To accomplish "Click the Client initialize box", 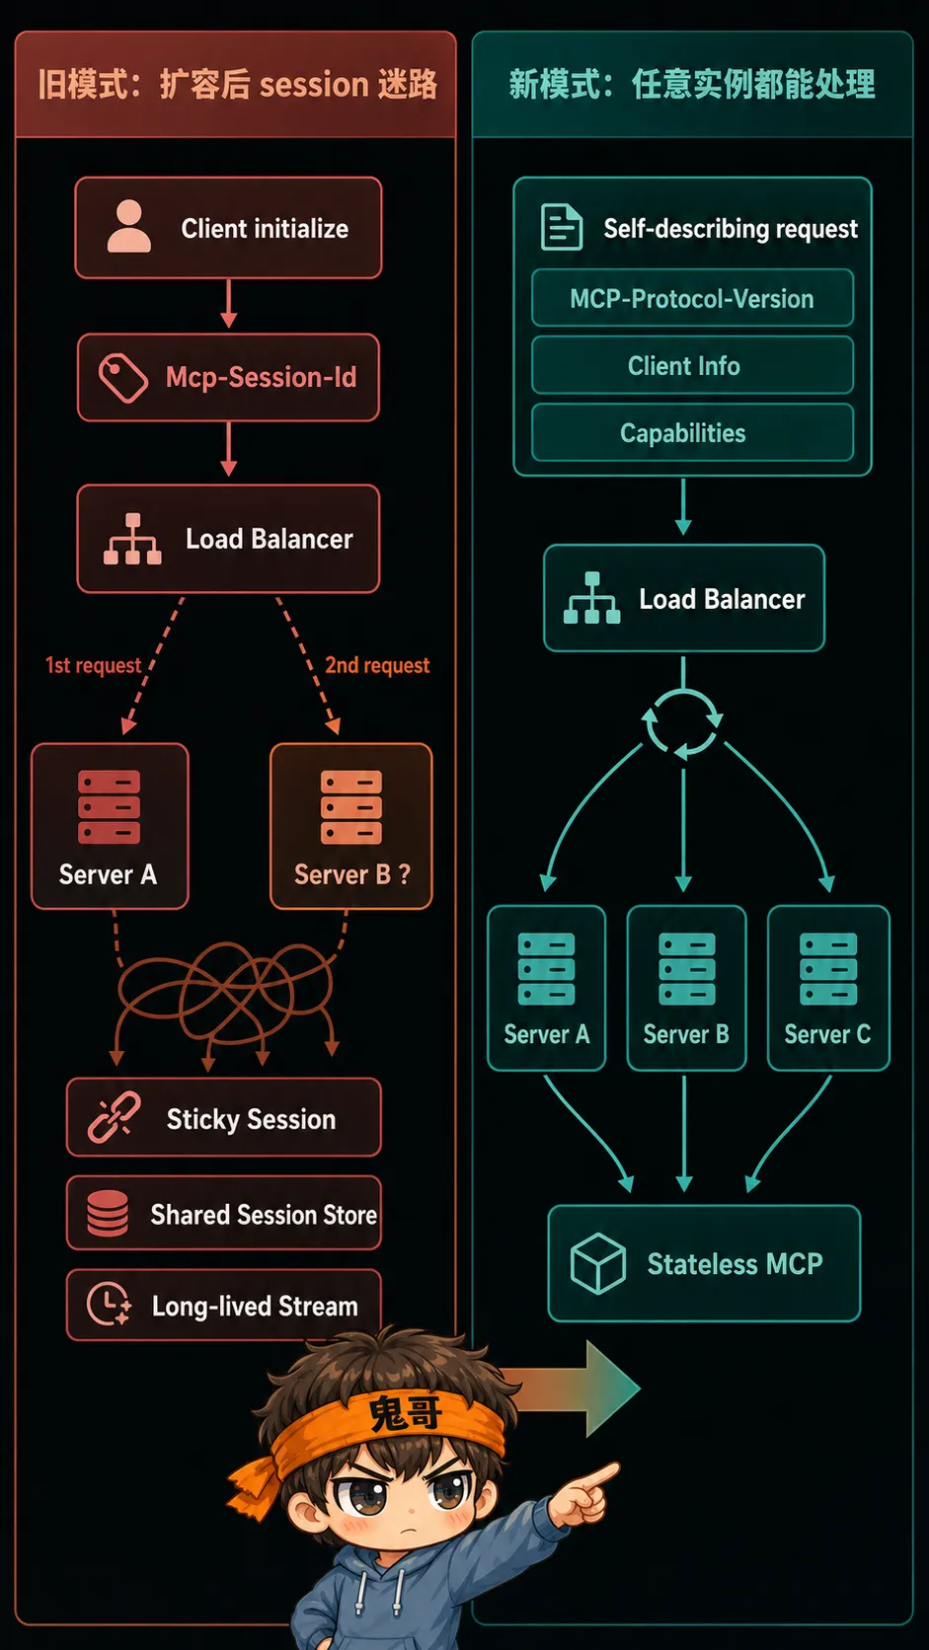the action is [228, 228].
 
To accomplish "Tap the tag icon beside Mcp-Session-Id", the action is [123, 378].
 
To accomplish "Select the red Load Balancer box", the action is [228, 539].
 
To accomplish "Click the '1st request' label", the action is [94, 665].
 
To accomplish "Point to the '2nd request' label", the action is [377, 665].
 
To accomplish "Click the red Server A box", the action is [110, 826].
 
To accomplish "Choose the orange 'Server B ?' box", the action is [350, 826].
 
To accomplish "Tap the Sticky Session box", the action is [224, 1117].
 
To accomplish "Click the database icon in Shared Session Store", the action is [108, 1213].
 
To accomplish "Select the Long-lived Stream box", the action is [224, 1305].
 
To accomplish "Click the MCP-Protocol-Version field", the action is [692, 298].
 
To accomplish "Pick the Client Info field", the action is [692, 365].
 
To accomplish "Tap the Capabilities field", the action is [692, 432].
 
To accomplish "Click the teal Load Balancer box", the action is [684, 598].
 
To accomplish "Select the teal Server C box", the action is [828, 988].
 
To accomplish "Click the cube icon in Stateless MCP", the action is [597, 1263].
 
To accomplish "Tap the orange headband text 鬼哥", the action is [405, 1413].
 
